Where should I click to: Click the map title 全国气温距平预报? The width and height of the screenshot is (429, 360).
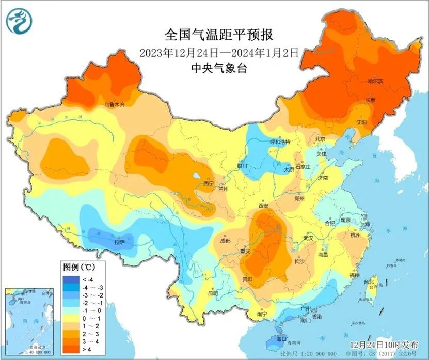coord(218,35)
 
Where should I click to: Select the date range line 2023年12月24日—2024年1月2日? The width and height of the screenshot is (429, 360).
coord(219,52)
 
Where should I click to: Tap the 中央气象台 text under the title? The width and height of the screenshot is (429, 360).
coord(218,68)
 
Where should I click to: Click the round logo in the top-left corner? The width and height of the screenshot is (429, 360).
coord(19,20)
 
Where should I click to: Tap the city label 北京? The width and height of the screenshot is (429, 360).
coord(320,139)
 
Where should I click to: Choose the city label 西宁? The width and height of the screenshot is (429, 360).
coord(209,183)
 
